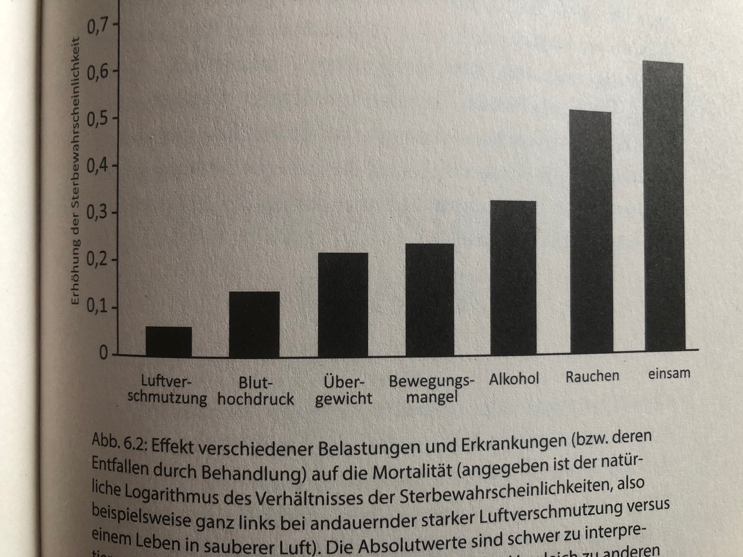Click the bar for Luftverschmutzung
tap(169, 341)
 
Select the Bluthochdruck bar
tap(254, 324)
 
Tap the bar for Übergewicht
tap(343, 305)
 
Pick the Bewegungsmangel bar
tap(430, 300)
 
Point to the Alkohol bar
tap(513, 278)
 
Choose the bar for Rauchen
tap(591, 232)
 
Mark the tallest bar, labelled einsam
tap(665, 206)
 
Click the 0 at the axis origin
tap(104, 354)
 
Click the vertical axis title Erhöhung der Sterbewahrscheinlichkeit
tap(75, 171)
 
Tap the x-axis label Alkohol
tap(514, 379)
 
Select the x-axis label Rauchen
tap(592, 376)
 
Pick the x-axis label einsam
tap(669, 374)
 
